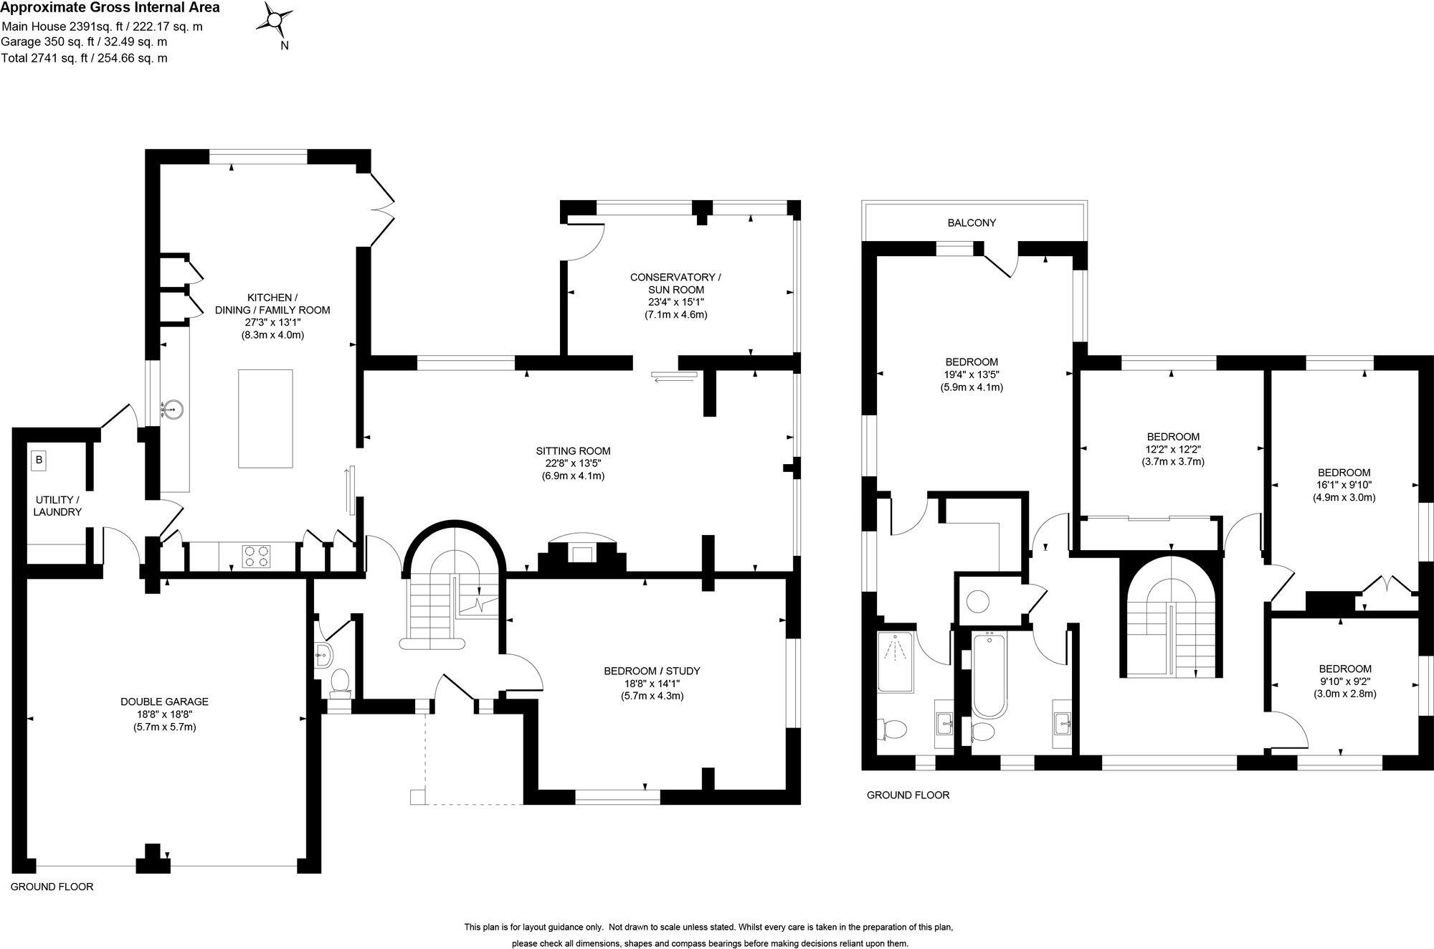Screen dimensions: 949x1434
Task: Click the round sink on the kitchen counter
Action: (172, 410)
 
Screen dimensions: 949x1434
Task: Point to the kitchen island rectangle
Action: (265, 418)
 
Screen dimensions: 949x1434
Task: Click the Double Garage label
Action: (164, 702)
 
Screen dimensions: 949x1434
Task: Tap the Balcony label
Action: (972, 223)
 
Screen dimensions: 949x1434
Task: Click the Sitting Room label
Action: (573, 451)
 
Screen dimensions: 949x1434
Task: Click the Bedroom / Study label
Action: (652, 671)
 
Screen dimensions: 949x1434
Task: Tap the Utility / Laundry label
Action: (57, 506)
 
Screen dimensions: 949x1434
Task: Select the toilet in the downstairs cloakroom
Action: (339, 682)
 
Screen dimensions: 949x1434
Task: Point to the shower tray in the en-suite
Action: (896, 661)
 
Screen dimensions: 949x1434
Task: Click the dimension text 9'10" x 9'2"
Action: (1344, 681)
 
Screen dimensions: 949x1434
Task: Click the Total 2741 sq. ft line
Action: (84, 58)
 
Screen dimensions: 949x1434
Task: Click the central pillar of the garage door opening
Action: (152, 859)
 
